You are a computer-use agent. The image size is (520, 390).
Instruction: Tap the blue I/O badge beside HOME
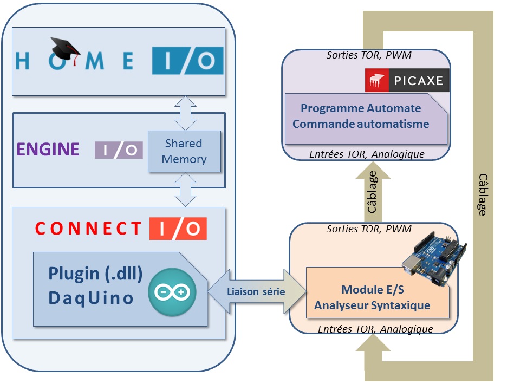[187, 60]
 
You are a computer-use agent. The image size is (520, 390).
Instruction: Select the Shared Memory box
[184, 151]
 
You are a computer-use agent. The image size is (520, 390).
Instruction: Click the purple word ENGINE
[48, 149]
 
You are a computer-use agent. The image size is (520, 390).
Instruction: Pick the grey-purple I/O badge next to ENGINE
[119, 150]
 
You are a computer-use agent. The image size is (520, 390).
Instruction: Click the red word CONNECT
[88, 229]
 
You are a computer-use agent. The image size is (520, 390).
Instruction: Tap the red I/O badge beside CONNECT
[178, 229]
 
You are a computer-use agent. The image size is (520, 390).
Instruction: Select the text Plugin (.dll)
[95, 274]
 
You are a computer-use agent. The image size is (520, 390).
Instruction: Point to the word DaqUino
[91, 297]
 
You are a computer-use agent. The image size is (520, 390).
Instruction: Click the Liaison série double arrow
[256, 291]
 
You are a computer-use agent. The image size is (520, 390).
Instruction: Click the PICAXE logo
[404, 81]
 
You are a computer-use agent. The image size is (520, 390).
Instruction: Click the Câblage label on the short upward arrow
[373, 192]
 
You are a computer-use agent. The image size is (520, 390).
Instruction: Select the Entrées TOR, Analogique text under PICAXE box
[367, 154]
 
